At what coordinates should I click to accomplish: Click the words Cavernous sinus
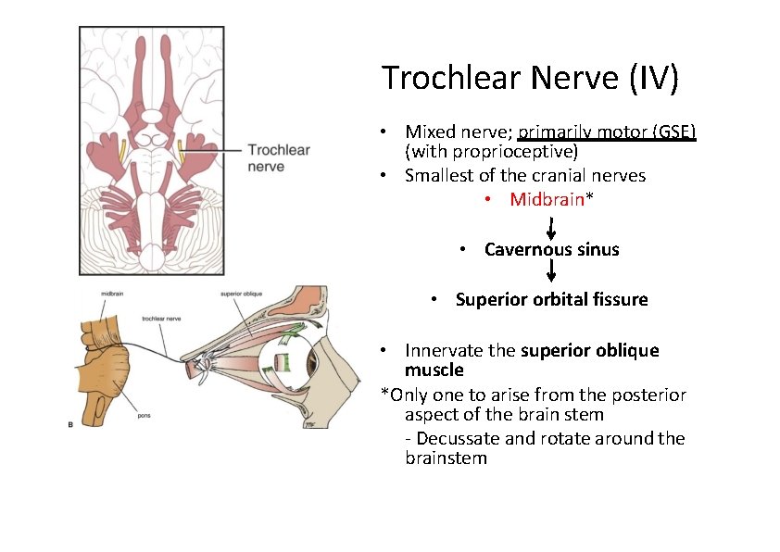[551, 249]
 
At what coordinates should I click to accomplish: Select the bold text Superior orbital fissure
[551, 299]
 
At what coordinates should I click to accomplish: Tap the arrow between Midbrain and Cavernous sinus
[552, 226]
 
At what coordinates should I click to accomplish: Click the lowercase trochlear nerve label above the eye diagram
[161, 319]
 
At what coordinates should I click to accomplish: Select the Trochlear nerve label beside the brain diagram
[278, 157]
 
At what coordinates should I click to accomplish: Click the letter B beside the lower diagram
[72, 424]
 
